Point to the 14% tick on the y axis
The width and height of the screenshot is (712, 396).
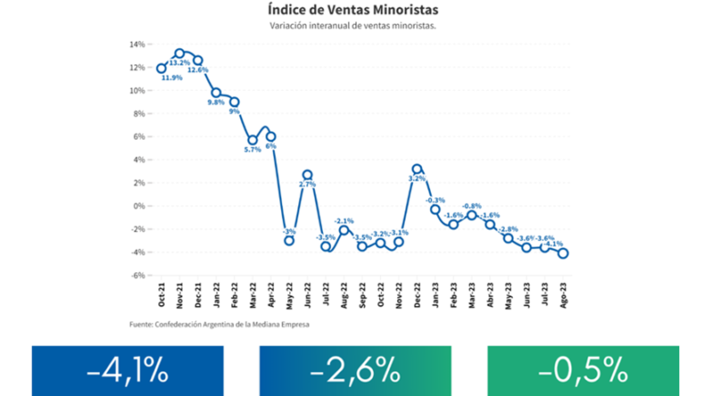click(137, 44)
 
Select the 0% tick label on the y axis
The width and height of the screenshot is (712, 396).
click(139, 206)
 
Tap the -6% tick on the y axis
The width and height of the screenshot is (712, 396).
click(137, 276)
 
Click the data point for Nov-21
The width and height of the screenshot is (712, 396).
click(180, 53)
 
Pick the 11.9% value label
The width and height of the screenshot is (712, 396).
click(172, 77)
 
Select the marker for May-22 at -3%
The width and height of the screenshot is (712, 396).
click(289, 240)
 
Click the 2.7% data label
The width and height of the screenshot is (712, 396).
click(307, 184)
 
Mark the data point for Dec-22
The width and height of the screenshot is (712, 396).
click(417, 169)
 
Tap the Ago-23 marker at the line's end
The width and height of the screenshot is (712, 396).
click(563, 253)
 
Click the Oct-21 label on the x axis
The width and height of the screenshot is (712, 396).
click(162, 295)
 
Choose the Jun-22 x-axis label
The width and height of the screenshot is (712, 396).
click(307, 295)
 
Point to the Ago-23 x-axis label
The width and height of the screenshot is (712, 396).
click(563, 295)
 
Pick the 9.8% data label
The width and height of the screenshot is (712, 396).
click(216, 103)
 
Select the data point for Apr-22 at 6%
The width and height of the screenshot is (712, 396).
click(271, 137)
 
